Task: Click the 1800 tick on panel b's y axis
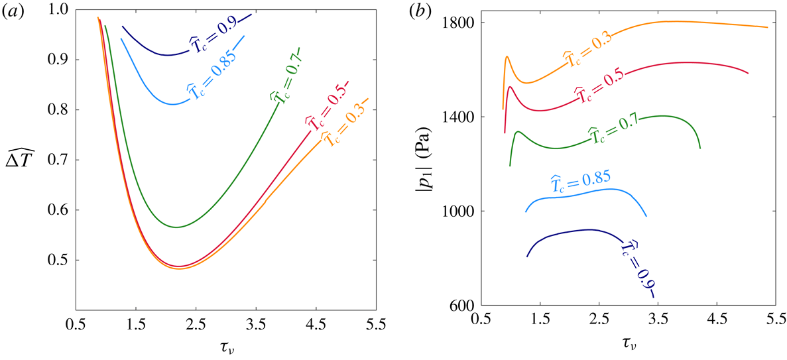point(455,23)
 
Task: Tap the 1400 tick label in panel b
point(455,117)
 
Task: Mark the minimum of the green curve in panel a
point(177,227)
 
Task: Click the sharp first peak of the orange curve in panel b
point(507,57)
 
